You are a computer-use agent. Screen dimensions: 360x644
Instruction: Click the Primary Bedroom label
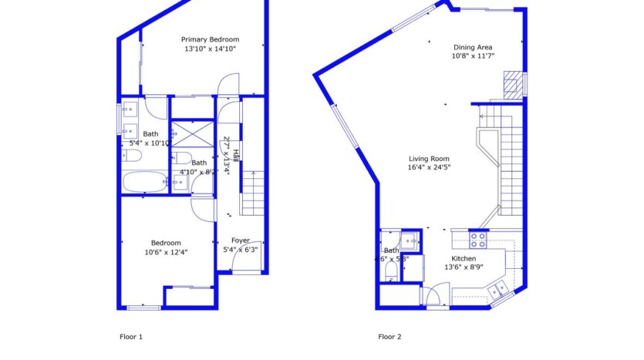[x=210, y=39]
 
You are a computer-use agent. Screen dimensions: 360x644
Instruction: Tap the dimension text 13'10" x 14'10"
[x=210, y=49]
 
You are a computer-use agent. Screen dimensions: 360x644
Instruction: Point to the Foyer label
[x=241, y=241]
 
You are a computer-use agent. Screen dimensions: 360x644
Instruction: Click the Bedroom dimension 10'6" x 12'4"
[x=166, y=252]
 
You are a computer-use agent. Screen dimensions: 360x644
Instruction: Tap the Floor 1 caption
[x=131, y=336]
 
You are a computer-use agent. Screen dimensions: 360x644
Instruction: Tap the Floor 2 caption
[x=389, y=336]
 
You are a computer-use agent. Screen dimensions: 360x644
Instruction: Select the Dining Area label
[x=473, y=46]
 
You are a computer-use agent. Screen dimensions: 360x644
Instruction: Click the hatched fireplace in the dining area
[x=512, y=82]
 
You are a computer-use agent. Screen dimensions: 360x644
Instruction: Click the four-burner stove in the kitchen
[x=479, y=238]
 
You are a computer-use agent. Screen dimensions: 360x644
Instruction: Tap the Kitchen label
[x=464, y=258]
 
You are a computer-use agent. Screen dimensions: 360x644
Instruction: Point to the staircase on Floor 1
[x=252, y=193]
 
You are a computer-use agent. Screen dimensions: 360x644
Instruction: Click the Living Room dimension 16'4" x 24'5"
[x=429, y=167]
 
